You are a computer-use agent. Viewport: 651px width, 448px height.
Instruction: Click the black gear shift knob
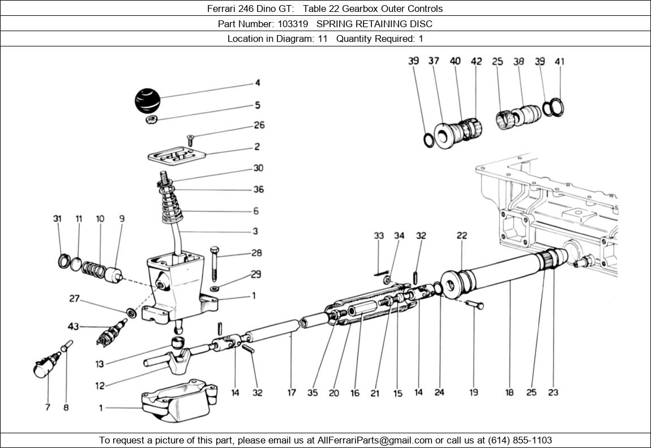point(148,100)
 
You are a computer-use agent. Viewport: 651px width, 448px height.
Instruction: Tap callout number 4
point(258,83)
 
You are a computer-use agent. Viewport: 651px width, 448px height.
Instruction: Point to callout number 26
point(259,125)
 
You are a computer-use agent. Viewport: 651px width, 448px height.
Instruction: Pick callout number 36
point(258,190)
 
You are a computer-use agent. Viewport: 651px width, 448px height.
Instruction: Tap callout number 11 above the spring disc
point(79,219)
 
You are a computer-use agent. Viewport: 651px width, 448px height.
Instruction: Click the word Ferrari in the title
point(224,8)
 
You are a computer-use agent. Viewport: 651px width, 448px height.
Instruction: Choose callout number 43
point(74,326)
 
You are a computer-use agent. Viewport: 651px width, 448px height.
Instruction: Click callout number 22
point(462,236)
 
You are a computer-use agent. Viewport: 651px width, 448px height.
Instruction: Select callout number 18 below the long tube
point(509,392)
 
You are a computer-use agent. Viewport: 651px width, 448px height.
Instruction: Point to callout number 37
point(434,61)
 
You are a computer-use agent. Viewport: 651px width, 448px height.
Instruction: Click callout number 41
point(560,61)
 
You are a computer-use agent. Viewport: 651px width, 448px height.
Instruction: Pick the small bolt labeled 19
point(476,305)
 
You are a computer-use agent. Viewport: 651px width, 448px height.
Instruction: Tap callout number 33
point(379,236)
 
